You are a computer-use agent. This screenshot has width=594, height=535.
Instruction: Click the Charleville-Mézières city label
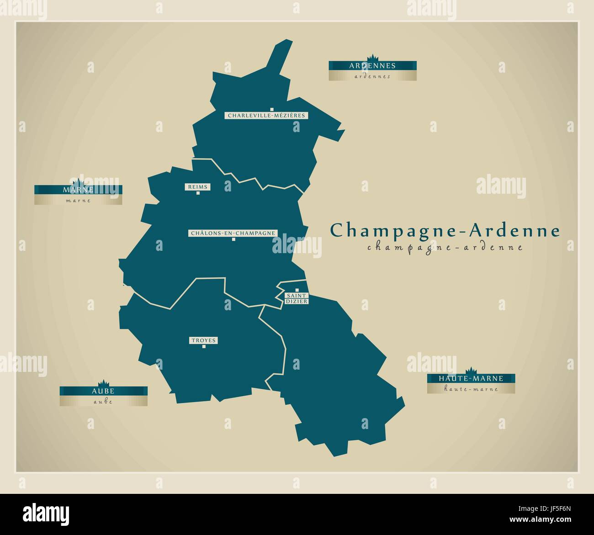[x=266, y=116]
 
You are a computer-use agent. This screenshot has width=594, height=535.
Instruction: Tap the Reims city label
[x=197, y=187]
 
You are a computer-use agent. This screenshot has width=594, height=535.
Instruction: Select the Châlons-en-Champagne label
[x=233, y=233]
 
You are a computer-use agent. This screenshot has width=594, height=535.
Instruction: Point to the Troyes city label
[x=203, y=340]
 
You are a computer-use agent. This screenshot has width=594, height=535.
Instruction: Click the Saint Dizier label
[x=297, y=299]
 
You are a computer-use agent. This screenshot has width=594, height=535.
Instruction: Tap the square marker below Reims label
[x=198, y=193]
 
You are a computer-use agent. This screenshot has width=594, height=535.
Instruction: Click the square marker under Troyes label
[x=204, y=346]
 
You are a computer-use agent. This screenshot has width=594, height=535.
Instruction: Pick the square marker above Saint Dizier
[x=297, y=290]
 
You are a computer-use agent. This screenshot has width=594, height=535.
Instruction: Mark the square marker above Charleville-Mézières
[x=271, y=109]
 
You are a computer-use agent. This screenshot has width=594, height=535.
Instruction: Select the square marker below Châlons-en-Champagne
[x=233, y=239]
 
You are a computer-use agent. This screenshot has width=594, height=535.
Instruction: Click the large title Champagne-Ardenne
[x=445, y=230]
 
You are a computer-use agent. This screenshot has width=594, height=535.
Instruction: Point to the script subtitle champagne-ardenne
[x=445, y=248]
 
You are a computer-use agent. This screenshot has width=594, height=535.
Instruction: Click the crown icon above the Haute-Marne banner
[x=471, y=371]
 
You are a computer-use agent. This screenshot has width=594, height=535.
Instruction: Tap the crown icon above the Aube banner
[x=104, y=383]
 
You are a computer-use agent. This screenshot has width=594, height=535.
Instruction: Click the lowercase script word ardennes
[x=372, y=76]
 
